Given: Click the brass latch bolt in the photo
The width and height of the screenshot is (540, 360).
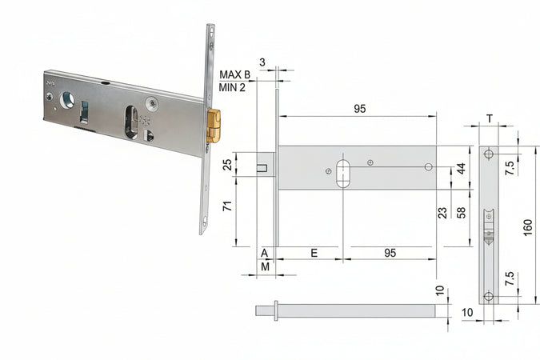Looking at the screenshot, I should tap(213, 126).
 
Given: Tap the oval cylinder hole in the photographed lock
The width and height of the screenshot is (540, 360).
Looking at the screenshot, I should tap(130, 122).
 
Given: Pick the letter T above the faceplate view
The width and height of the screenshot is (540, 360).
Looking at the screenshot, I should tap(489, 118).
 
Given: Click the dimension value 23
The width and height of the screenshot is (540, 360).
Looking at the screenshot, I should tap(442, 214).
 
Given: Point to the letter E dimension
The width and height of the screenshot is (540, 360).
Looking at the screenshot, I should tap(314, 252).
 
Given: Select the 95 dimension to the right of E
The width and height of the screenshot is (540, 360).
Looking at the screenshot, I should tap(390, 252).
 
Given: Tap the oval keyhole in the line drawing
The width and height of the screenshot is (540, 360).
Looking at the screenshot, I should tap(343, 173).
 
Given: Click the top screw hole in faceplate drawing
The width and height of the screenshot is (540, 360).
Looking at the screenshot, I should tap(489, 154).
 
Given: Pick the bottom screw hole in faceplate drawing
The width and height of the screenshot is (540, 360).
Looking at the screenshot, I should tap(489, 296).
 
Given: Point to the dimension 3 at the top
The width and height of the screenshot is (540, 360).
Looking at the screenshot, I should tap(262, 61).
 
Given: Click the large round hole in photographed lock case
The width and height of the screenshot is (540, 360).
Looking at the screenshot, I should tap(67, 100).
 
